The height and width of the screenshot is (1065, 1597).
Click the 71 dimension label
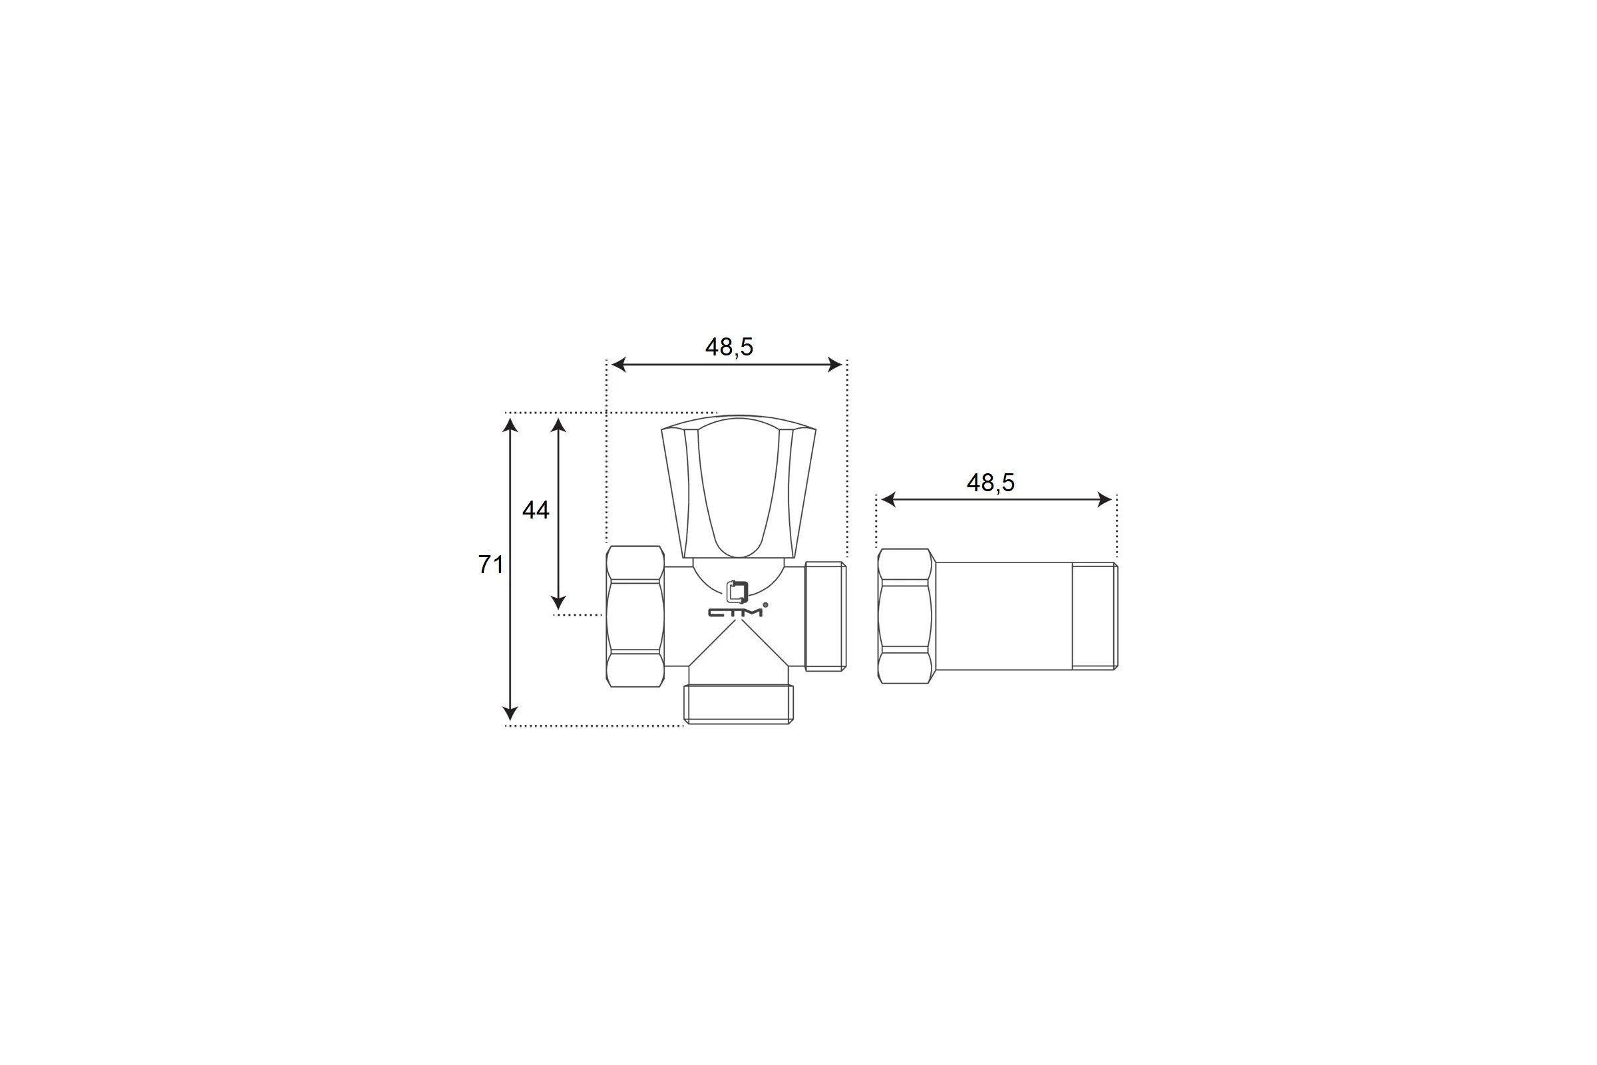pyautogui.click(x=490, y=564)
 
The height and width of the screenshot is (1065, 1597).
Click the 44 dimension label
pyautogui.click(x=536, y=510)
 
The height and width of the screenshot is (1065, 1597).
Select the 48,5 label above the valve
pyautogui.click(x=729, y=347)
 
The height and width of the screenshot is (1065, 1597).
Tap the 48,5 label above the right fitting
pyautogui.click(x=991, y=483)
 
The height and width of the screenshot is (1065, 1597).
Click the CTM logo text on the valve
pyautogui.click(x=735, y=612)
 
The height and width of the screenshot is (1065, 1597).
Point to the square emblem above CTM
pyautogui.click(x=737, y=592)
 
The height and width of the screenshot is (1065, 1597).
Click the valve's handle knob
pyautogui.click(x=739, y=487)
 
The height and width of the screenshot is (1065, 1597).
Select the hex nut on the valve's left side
pyautogui.click(x=635, y=616)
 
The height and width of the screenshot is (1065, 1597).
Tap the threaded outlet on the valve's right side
pyautogui.click(x=826, y=616)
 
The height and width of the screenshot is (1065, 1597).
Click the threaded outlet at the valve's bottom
pyautogui.click(x=739, y=704)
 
